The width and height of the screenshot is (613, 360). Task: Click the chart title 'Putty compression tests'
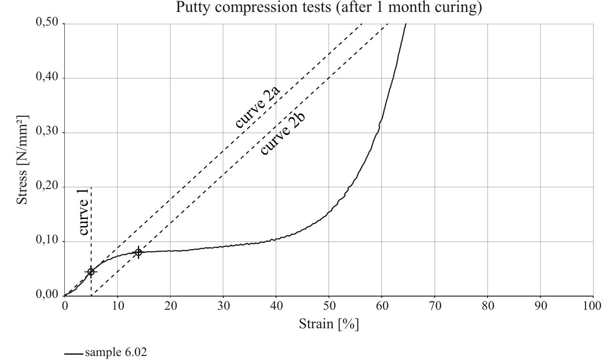[x=329, y=7]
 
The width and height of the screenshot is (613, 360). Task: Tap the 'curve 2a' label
[x=258, y=107]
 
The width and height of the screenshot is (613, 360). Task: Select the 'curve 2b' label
[x=283, y=133]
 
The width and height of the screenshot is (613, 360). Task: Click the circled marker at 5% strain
[x=91, y=272]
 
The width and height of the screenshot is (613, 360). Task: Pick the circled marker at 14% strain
[x=138, y=252]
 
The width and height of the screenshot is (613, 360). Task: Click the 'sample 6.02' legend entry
[x=115, y=353]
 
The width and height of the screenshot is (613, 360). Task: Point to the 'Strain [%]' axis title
[x=329, y=324]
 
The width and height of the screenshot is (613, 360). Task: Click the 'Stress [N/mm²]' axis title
[x=23, y=160]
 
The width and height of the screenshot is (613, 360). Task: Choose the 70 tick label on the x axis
[x=435, y=306]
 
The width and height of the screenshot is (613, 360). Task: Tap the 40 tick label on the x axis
[x=276, y=306]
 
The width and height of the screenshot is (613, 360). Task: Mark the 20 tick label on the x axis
[x=170, y=306]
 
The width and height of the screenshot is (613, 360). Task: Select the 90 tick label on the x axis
[x=540, y=306]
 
